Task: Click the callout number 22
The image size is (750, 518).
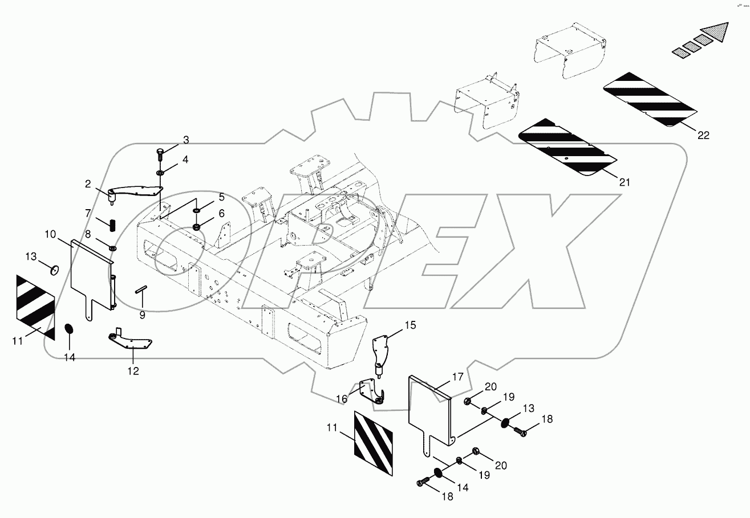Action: tap(703, 135)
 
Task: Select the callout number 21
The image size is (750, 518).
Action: tap(625, 182)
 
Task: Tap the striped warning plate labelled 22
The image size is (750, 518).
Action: tap(650, 99)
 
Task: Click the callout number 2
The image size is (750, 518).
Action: tap(88, 183)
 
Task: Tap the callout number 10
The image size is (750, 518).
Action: tap(66, 234)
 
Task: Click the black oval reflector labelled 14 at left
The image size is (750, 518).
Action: tap(70, 330)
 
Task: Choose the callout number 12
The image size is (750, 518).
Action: tap(133, 371)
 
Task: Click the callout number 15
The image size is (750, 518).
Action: tap(411, 325)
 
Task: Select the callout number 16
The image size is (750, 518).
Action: tap(342, 399)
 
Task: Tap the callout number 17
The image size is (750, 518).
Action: tap(457, 377)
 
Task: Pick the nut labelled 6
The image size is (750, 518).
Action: tap(197, 228)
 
